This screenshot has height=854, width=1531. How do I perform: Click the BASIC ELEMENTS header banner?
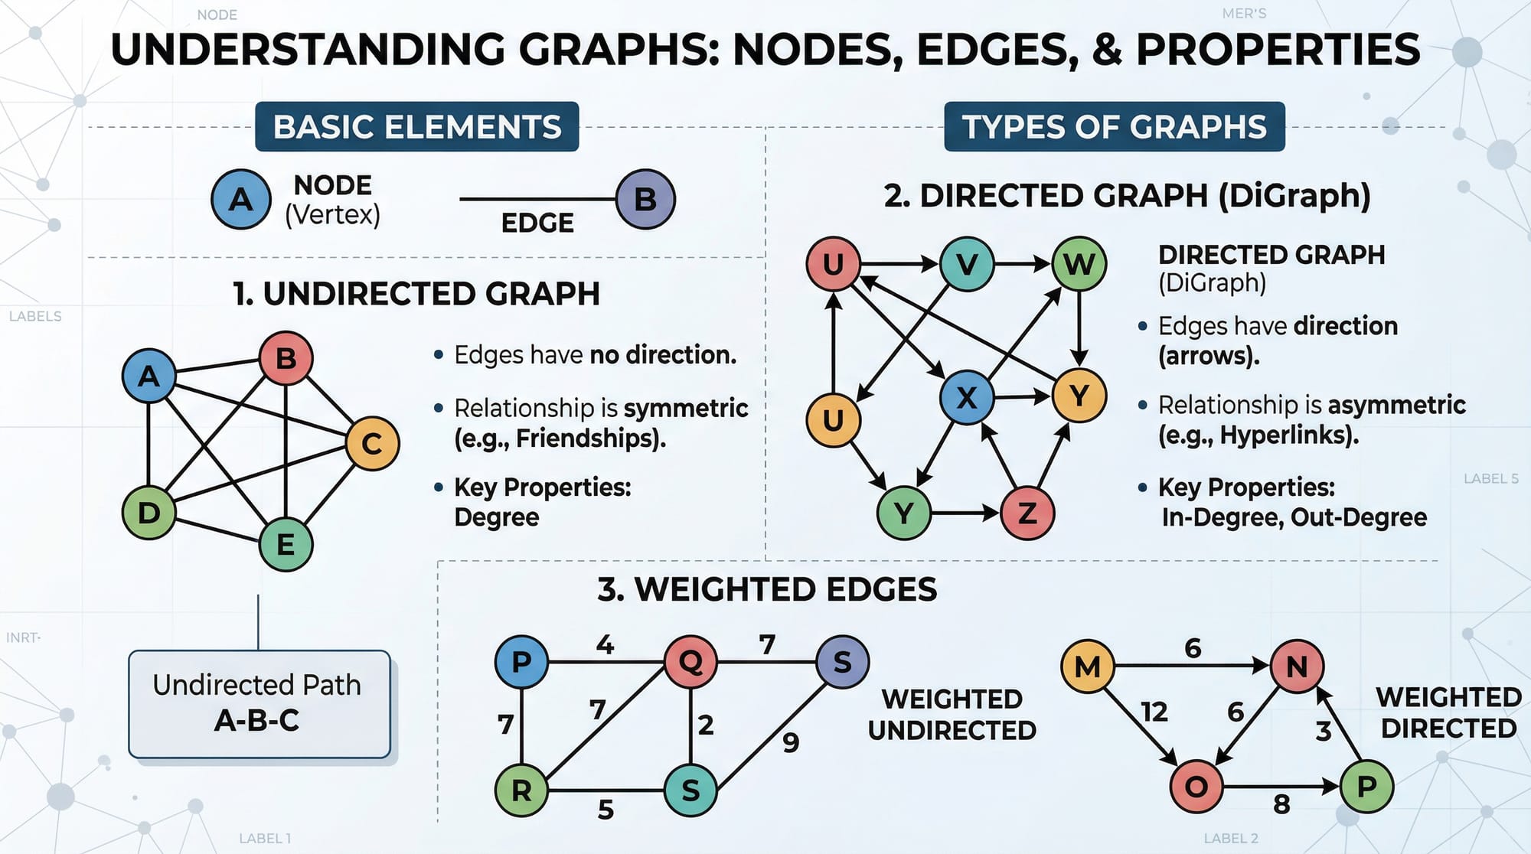pos(416,127)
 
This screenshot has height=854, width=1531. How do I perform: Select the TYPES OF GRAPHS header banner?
pos(1114,127)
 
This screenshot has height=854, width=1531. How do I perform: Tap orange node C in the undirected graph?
pos(372,443)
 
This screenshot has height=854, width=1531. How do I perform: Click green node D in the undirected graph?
pos(149,512)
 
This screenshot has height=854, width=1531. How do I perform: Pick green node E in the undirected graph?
pos(286,544)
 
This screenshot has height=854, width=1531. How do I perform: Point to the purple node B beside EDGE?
pos(645,199)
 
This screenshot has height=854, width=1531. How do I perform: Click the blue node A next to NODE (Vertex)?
pos(241,199)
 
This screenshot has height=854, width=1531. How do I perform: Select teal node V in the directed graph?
pos(967,264)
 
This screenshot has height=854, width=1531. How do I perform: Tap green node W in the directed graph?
pos(1079,264)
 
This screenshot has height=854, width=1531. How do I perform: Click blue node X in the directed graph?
pos(967,397)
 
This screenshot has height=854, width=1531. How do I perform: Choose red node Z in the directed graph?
pos(1027,513)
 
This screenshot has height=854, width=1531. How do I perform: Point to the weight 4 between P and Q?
pos(605,645)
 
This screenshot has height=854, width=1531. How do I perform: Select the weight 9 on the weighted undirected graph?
pos(791,742)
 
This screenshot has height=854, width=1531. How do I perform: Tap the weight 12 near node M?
pos(1154,712)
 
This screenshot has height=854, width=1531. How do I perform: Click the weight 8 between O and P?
pos(1281,804)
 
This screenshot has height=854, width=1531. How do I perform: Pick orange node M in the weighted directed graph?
pos(1087,667)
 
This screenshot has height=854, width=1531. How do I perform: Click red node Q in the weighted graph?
pos(690,661)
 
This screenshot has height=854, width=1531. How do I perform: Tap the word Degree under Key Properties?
pos(497,517)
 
